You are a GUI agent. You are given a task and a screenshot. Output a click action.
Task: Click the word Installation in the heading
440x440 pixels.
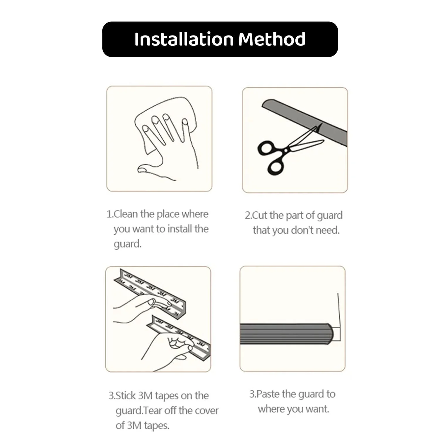click(x=184, y=39)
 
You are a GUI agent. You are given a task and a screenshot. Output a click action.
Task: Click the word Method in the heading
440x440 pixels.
click(x=272, y=39)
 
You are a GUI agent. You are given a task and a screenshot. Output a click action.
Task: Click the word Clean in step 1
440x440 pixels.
click(x=126, y=214)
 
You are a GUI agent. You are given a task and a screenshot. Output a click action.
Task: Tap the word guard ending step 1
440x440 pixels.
click(x=128, y=244)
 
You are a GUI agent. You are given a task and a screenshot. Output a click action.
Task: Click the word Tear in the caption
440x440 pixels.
click(x=153, y=411)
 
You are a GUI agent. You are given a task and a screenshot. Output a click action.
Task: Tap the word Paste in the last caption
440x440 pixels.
click(x=268, y=394)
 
